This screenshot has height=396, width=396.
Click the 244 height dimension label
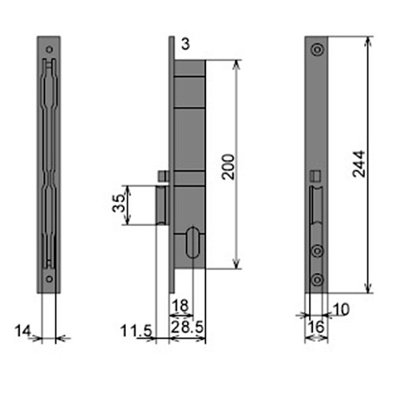point(359,164)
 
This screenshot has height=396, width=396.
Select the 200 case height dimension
point(228,167)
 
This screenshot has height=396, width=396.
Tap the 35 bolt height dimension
point(118,203)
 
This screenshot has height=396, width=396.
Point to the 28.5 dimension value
point(187,327)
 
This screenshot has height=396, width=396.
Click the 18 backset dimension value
point(181,306)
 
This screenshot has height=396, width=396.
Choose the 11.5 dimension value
point(136,330)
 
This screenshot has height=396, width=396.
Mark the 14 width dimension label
point(23,330)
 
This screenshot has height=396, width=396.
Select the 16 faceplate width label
point(316,327)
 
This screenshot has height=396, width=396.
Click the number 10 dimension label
point(341,310)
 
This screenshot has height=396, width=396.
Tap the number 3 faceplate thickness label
point(185,44)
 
